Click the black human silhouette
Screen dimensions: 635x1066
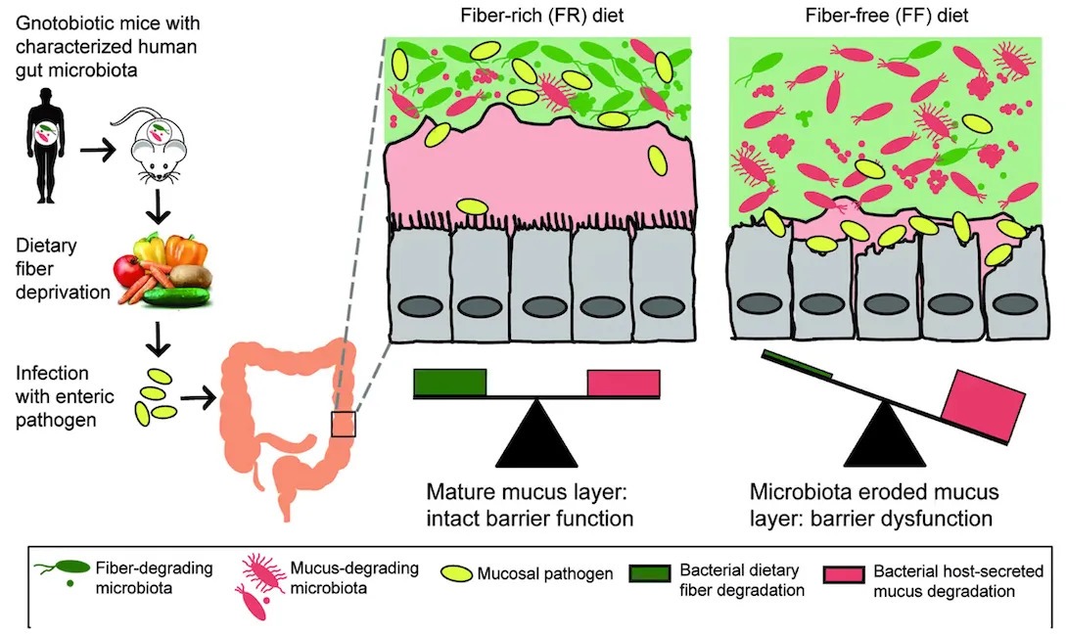pyautogui.click(x=45, y=138)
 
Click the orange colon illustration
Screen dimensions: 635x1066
pyautogui.click(x=284, y=421)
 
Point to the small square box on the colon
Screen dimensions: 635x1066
pyautogui.click(x=344, y=424)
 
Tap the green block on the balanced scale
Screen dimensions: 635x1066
pyautogui.click(x=450, y=384)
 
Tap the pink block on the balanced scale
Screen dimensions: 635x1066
pyautogui.click(x=624, y=384)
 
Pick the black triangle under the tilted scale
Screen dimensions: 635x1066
pyautogui.click(x=885, y=437)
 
